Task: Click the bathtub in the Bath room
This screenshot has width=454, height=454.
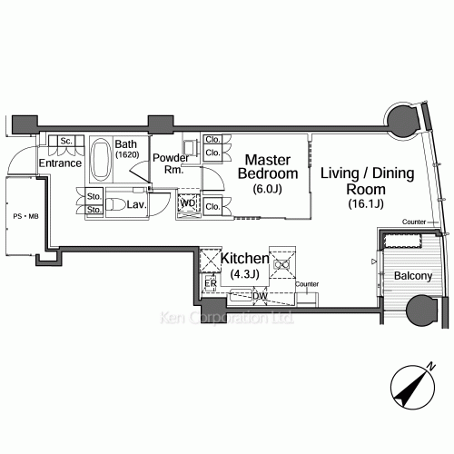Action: [x=101, y=159]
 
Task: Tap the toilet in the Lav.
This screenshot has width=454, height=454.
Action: [x=116, y=204]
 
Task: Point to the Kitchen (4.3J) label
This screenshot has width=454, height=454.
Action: [x=244, y=265]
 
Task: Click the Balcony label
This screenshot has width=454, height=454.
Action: [x=413, y=276]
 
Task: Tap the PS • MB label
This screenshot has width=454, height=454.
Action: [x=25, y=216]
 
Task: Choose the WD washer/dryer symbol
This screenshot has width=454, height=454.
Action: [x=188, y=203]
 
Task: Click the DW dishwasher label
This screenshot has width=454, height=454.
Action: [x=260, y=296]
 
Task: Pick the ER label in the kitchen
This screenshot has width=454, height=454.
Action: [x=211, y=283]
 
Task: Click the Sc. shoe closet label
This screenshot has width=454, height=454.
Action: [x=66, y=141]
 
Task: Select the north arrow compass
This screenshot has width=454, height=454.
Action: [x=412, y=387]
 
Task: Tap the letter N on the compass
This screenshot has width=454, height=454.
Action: [x=430, y=366]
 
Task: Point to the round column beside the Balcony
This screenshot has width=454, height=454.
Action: [x=421, y=310]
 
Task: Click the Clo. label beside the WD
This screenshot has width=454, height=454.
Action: [x=212, y=207]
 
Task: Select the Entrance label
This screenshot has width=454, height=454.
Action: [x=60, y=163]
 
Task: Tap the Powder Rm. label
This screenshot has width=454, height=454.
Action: [x=171, y=163]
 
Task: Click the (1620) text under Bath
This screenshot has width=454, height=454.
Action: [x=127, y=154]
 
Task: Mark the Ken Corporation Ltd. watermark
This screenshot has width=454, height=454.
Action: [x=226, y=318]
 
